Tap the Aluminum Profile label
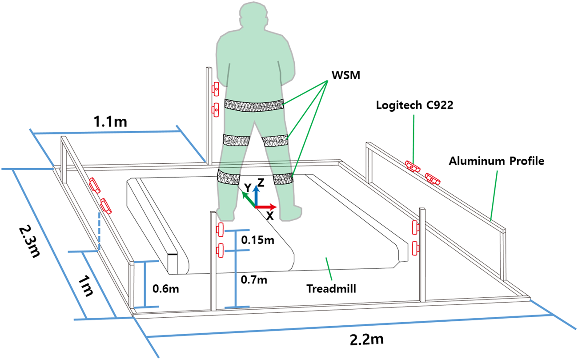[496, 161]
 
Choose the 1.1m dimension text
[110, 121]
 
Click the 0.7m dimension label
[253, 280]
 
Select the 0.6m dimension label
[166, 288]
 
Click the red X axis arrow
[267, 207]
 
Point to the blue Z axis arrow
[256, 195]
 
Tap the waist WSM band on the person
[254, 105]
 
